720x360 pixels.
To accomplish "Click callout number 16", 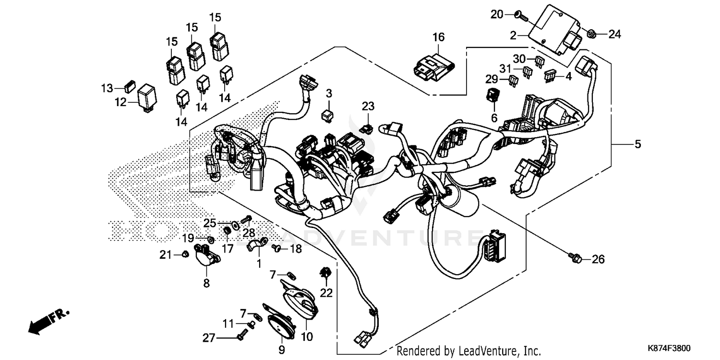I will pyautogui.click(x=438, y=37).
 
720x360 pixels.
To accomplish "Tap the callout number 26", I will pyautogui.click(x=598, y=260).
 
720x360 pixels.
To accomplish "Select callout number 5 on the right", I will pyautogui.click(x=637, y=144).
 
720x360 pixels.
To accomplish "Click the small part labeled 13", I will pyautogui.click(x=129, y=88).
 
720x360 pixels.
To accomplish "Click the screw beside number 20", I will pyautogui.click(x=521, y=16).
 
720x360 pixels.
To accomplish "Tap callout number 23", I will pyautogui.click(x=368, y=107).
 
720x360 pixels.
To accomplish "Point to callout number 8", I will pyautogui.click(x=206, y=283).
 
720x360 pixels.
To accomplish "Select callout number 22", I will pyautogui.click(x=326, y=292).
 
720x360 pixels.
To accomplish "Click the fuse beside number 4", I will pyautogui.click(x=550, y=75).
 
